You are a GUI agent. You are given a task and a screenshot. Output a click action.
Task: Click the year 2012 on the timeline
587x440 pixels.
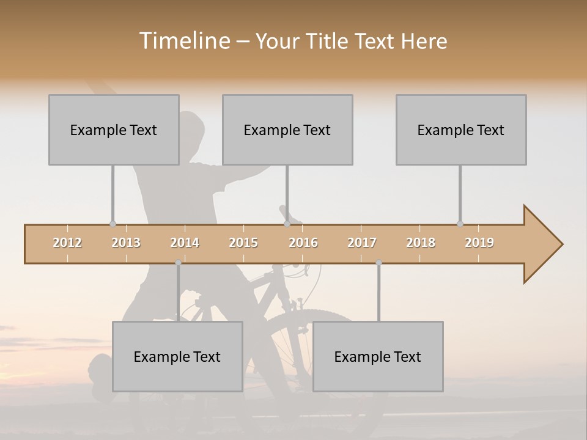click(67, 243)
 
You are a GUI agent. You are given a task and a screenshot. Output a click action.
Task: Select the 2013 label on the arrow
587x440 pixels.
click(126, 243)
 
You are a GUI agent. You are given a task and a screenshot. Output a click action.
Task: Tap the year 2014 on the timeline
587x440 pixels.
click(185, 243)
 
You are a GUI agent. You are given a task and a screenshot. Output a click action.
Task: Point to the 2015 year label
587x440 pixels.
click(243, 243)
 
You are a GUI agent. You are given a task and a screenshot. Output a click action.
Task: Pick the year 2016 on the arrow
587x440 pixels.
click(303, 243)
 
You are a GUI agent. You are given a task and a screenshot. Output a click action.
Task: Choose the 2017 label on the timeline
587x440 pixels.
click(362, 243)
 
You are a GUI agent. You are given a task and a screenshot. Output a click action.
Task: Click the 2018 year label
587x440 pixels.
click(421, 243)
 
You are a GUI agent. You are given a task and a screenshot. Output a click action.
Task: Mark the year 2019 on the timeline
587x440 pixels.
click(479, 243)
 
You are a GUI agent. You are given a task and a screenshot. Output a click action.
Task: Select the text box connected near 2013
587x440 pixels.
click(114, 130)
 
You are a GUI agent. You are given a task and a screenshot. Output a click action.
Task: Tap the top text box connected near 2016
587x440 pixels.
click(287, 130)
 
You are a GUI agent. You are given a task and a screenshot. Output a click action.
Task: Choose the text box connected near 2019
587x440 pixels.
click(461, 130)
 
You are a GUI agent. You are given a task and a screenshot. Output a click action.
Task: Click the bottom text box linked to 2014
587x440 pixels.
click(177, 356)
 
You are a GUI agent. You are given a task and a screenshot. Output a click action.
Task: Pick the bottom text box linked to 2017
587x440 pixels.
click(378, 356)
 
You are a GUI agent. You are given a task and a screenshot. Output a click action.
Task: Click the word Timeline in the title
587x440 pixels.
click(184, 41)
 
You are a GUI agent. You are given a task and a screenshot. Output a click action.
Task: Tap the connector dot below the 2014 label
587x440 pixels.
click(178, 263)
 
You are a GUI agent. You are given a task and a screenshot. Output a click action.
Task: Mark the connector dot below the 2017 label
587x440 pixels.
click(378, 263)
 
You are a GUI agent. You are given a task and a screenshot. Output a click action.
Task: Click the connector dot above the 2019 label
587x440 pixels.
click(460, 224)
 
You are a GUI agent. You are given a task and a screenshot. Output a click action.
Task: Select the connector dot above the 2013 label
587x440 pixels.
click(113, 224)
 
